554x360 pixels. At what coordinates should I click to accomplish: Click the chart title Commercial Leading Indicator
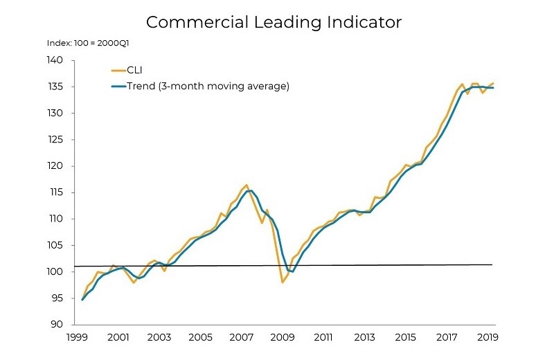pyautogui.click(x=274, y=21)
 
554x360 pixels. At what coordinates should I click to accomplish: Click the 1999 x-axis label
pyautogui.click(x=77, y=338)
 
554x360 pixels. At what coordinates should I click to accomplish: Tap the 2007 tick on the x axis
pyautogui.click(x=242, y=338)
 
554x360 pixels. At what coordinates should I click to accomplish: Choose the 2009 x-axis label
pyautogui.click(x=283, y=338)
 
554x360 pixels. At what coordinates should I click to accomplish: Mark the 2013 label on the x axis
pyautogui.click(x=364, y=338)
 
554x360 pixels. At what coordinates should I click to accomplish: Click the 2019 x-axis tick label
pyautogui.click(x=487, y=338)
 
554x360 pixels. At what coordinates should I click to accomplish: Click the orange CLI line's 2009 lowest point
pyautogui.click(x=283, y=282)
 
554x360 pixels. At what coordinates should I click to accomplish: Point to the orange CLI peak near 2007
pyautogui.click(x=246, y=185)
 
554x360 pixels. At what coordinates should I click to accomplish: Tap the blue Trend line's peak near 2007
pyautogui.click(x=251, y=190)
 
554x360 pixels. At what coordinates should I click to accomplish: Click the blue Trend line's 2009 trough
pyautogui.click(x=293, y=271)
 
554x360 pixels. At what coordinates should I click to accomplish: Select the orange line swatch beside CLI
pyautogui.click(x=117, y=69)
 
